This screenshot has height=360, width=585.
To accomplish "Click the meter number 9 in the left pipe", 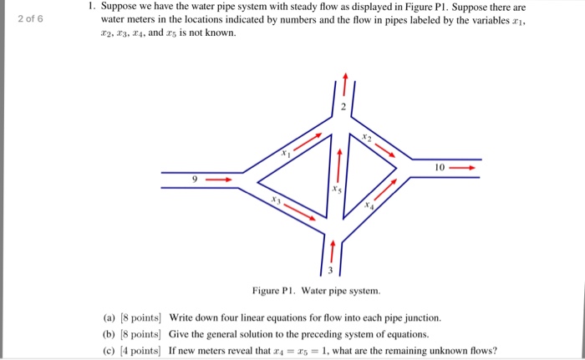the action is [x=195, y=179].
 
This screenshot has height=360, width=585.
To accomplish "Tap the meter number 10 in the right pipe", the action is [x=439, y=167].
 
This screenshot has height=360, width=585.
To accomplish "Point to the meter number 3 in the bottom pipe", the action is [x=330, y=269].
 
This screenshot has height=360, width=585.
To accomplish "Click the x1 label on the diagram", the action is [x=286, y=154].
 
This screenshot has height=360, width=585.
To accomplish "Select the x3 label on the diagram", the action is [x=275, y=201].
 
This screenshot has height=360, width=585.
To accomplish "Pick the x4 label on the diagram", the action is [x=367, y=204].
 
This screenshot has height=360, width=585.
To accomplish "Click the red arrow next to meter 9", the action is [x=218, y=179].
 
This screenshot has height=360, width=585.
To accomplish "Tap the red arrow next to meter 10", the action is [x=465, y=167].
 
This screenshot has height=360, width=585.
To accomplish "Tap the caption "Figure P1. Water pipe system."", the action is [x=317, y=291].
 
